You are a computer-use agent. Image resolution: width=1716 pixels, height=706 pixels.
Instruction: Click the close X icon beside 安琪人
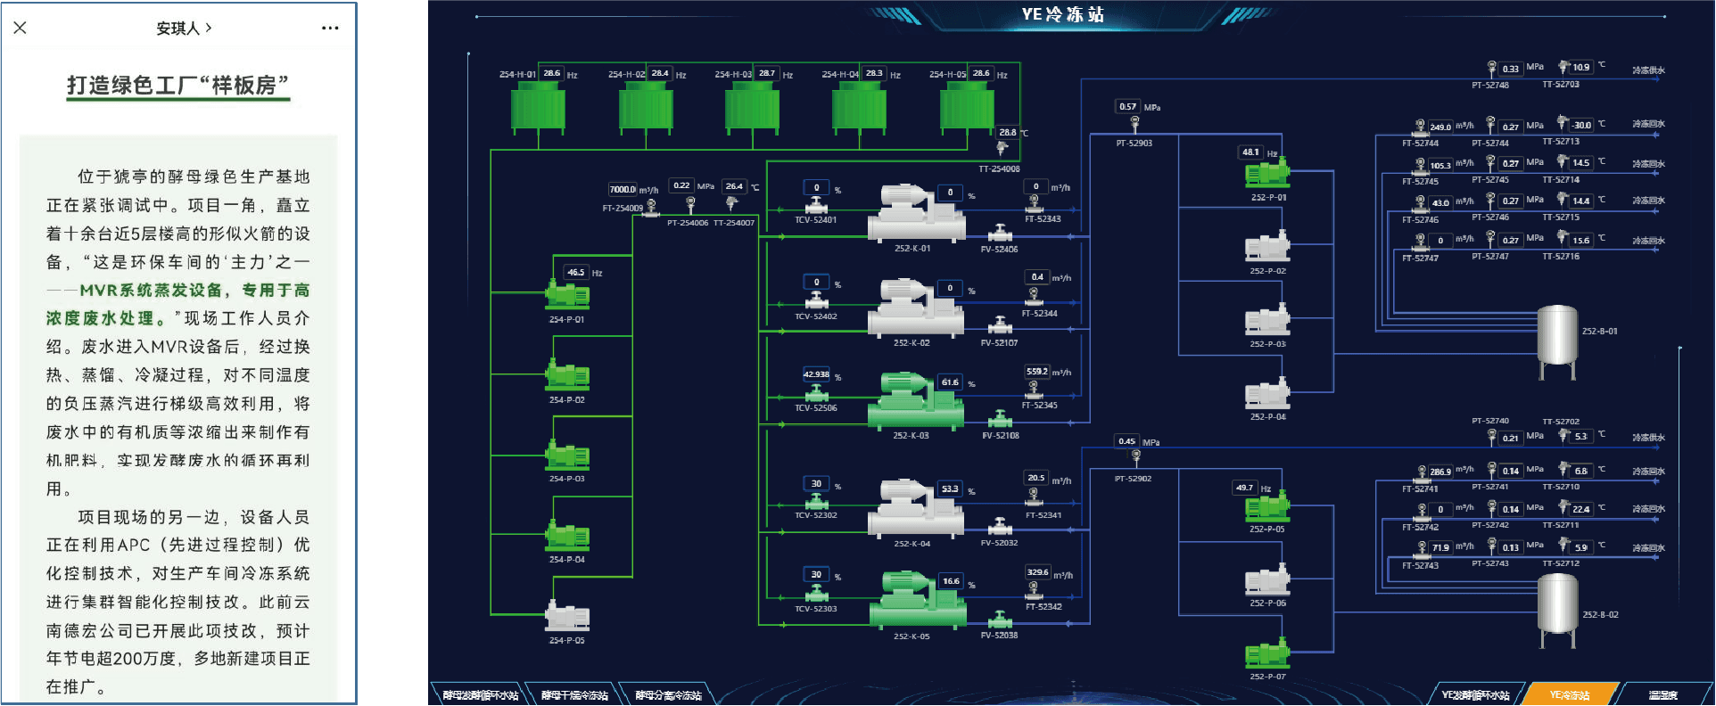(21, 28)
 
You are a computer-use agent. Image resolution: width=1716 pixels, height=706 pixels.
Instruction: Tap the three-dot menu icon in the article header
(330, 28)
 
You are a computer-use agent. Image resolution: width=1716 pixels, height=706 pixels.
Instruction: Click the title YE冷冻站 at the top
(1062, 14)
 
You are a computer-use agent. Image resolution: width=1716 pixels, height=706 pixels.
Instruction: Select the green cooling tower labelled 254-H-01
(538, 108)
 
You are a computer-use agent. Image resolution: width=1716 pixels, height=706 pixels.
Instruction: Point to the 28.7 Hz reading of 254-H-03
(766, 73)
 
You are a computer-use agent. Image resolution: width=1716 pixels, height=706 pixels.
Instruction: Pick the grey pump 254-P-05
(567, 616)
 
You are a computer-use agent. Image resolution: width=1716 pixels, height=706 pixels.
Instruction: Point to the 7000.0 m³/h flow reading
(623, 189)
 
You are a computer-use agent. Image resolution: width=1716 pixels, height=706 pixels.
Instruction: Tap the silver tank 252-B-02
(1557, 608)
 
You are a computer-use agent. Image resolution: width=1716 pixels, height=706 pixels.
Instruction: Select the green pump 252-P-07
(1267, 654)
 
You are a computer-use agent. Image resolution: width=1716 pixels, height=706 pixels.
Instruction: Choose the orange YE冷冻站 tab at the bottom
(1569, 694)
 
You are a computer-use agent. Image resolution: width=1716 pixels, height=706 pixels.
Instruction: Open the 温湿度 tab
(1662, 694)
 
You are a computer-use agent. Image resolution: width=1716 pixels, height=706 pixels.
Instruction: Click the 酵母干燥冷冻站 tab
(574, 694)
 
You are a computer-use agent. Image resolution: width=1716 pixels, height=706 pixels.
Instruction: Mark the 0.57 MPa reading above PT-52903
(1128, 107)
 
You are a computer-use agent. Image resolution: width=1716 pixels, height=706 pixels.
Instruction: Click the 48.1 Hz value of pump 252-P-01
(1250, 152)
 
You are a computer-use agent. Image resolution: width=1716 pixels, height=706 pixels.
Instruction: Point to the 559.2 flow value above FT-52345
(1037, 372)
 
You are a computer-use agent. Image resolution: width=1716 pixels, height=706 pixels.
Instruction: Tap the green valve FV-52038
(1000, 620)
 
